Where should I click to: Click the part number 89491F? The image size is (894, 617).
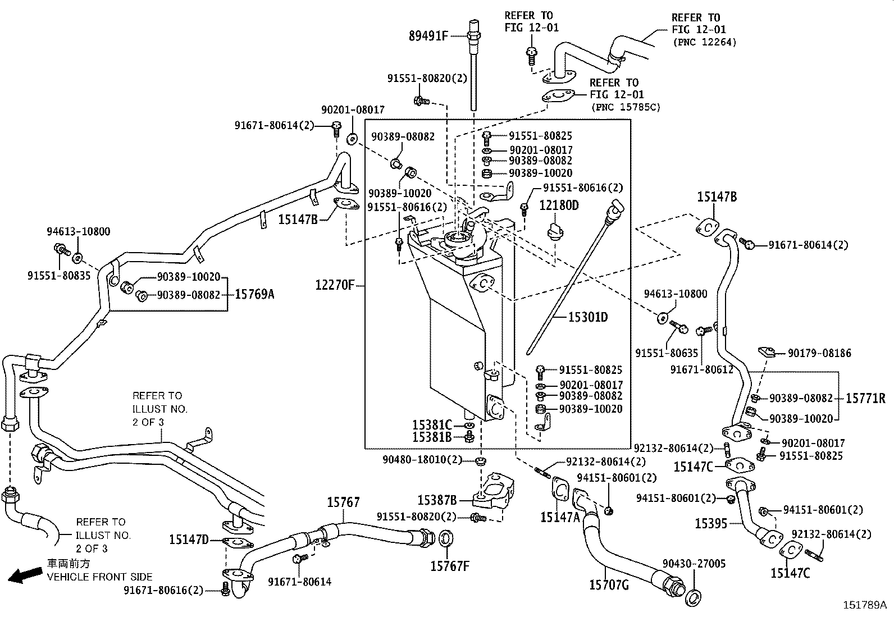[x=428, y=36]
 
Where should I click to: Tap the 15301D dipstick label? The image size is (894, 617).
[x=587, y=317]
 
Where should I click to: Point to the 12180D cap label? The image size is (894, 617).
[x=559, y=205]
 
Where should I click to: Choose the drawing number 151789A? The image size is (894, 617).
[x=864, y=605]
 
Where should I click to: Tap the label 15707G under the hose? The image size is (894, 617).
[x=609, y=585]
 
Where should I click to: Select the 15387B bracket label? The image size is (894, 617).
[x=437, y=500]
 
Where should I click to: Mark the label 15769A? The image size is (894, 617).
[x=254, y=294]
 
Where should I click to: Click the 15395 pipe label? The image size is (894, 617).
[x=711, y=523]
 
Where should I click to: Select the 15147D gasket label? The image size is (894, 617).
[x=189, y=540]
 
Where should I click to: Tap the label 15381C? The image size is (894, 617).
[x=432, y=425]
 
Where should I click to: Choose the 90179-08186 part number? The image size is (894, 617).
[x=819, y=353]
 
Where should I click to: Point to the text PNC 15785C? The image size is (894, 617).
[x=626, y=107]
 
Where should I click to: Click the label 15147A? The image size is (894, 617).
[x=559, y=517]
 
